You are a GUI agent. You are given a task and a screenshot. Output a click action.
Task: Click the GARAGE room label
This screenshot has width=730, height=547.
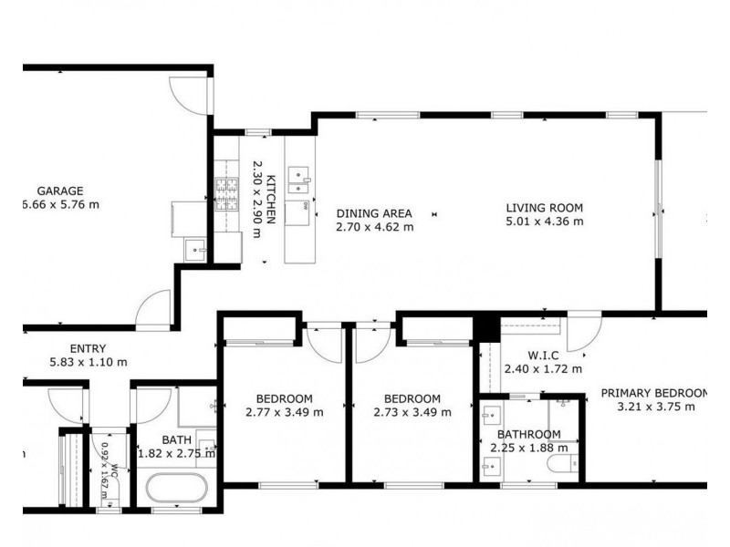(x=60, y=191)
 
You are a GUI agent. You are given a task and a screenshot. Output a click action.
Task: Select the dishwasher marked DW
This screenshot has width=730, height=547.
(x=298, y=212)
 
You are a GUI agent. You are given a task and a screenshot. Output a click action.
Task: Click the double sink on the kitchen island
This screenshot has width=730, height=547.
(x=298, y=180)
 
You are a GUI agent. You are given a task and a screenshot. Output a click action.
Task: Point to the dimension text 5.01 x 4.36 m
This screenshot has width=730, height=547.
(x=545, y=221)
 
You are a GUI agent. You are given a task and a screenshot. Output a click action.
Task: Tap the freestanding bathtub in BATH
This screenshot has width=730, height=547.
(x=177, y=489)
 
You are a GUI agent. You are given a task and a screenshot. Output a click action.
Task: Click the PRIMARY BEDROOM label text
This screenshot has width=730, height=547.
(x=654, y=394)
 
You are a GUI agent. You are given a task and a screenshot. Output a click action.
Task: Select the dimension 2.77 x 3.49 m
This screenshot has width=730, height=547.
(x=284, y=412)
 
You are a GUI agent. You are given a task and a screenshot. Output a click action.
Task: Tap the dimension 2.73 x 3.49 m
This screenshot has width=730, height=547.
(x=412, y=412)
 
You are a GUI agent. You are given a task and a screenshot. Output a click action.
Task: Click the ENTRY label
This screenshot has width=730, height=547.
(x=88, y=348)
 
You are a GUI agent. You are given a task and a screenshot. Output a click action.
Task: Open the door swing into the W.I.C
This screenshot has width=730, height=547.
(x=582, y=332)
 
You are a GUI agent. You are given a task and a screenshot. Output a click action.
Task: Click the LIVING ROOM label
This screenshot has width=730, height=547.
(x=545, y=208)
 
